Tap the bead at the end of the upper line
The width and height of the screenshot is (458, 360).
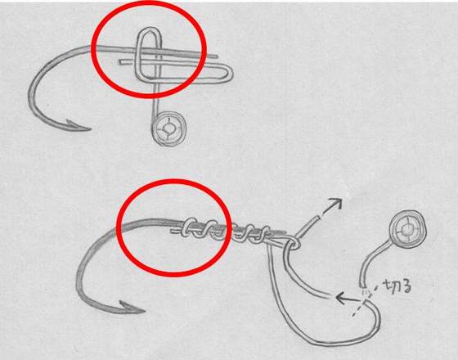(x=169, y=128)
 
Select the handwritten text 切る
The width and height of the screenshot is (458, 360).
(x=397, y=286)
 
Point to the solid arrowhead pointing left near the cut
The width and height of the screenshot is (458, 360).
(x=342, y=298)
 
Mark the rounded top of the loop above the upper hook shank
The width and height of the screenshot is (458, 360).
(x=149, y=29)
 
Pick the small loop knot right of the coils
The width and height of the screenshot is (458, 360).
(x=294, y=242)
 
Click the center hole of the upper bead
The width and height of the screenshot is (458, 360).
(x=168, y=128)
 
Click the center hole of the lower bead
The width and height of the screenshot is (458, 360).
(x=407, y=230)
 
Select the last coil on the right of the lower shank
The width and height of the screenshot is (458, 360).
(x=264, y=233)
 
